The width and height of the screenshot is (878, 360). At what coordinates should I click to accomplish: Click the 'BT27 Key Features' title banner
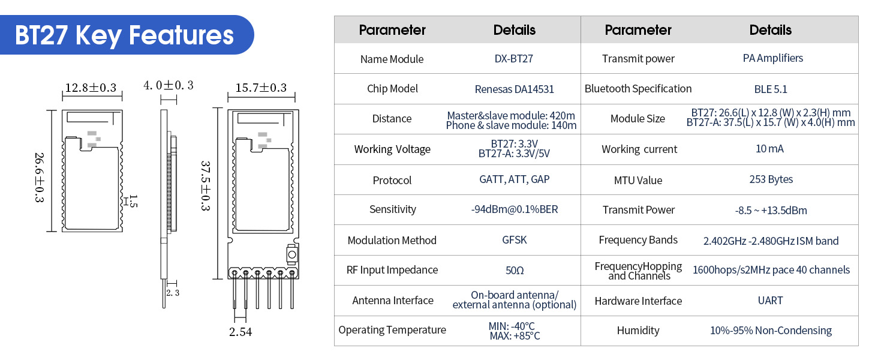pos(124,35)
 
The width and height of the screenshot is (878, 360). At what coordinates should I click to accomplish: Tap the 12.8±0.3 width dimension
pos(91,88)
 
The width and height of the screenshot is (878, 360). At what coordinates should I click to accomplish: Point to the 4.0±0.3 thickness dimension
pos(168,85)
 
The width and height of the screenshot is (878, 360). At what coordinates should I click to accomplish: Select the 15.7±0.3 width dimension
pos(261,88)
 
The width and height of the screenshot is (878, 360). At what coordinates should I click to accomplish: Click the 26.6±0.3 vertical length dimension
pos(40,178)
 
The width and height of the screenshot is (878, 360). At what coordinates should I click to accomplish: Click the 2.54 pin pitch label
pos(240,332)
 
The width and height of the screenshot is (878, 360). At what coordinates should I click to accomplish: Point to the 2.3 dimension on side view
pos(173,293)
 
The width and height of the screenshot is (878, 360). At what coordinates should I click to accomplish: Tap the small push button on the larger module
pos(292,254)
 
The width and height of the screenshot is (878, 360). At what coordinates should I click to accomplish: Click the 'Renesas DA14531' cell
pos(514,89)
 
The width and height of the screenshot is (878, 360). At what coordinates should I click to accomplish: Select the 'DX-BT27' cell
pos(514,59)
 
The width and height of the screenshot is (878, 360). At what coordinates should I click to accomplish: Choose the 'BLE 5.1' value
pos(771,89)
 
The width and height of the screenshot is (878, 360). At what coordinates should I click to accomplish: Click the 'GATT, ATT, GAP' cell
pos(514,179)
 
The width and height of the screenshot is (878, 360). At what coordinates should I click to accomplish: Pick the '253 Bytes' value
pos(771,179)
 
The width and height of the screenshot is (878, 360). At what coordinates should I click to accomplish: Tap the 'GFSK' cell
pos(514,240)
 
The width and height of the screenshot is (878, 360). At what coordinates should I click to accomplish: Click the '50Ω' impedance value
pos(514,270)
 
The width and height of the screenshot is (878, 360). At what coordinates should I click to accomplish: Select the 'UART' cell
pos(771,301)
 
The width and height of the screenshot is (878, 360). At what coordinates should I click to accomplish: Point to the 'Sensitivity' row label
pos(392,209)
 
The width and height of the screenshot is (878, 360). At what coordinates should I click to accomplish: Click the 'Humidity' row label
pos(638,331)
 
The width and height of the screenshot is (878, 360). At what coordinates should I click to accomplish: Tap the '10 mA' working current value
pos(771,149)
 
